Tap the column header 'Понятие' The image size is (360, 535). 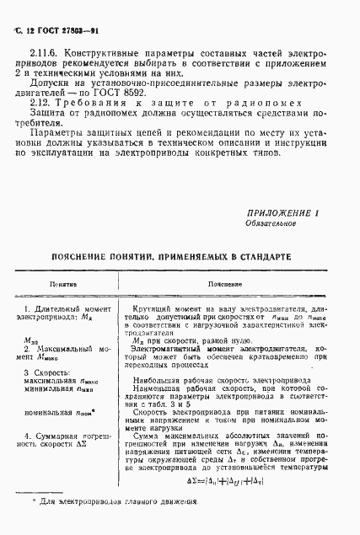pos(63,286)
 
